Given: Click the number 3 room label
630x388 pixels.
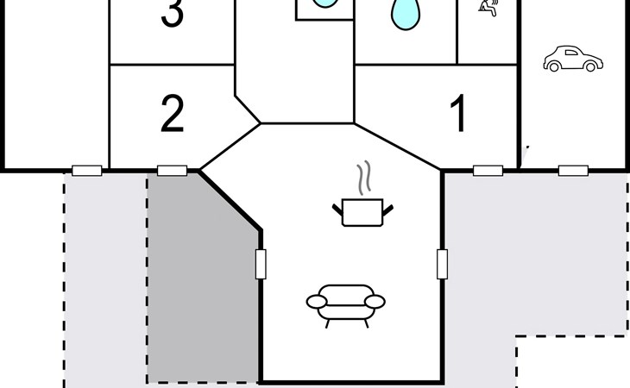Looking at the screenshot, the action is pyautogui.click(x=173, y=13).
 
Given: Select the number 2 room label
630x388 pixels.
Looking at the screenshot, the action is pyautogui.click(x=173, y=114).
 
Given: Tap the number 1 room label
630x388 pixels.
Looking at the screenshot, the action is pyautogui.click(x=458, y=113).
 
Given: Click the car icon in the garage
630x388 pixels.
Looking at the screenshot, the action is pyautogui.click(x=573, y=59).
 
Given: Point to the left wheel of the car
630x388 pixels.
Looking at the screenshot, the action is pyautogui.click(x=554, y=67).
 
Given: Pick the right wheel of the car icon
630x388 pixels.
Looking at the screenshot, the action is pyautogui.click(x=590, y=67).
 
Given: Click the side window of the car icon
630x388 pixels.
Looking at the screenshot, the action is pyautogui.click(x=571, y=52).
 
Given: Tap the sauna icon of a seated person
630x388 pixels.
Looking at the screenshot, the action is pyautogui.click(x=488, y=8).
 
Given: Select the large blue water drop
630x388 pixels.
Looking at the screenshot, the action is pyautogui.click(x=406, y=15).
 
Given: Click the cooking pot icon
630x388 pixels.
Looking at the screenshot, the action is pyautogui.click(x=362, y=212).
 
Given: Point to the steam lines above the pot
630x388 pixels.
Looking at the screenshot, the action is pyautogui.click(x=364, y=178).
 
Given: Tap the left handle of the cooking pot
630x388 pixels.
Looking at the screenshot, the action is pyautogui.click(x=337, y=210).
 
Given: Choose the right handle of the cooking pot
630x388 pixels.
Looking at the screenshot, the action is pyautogui.click(x=388, y=210).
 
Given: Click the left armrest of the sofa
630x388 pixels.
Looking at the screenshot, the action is pyautogui.click(x=317, y=302).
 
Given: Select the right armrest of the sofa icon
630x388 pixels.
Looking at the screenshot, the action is pyautogui.click(x=375, y=302).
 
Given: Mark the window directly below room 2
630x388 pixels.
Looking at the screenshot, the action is pyautogui.click(x=172, y=171).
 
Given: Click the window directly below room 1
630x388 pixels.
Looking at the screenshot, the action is pyautogui.click(x=488, y=171).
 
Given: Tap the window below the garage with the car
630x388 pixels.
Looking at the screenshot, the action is pyautogui.click(x=573, y=171).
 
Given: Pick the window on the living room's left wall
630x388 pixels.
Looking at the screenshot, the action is pyautogui.click(x=261, y=264).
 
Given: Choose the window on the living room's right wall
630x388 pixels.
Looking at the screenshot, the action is pyautogui.click(x=443, y=264).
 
